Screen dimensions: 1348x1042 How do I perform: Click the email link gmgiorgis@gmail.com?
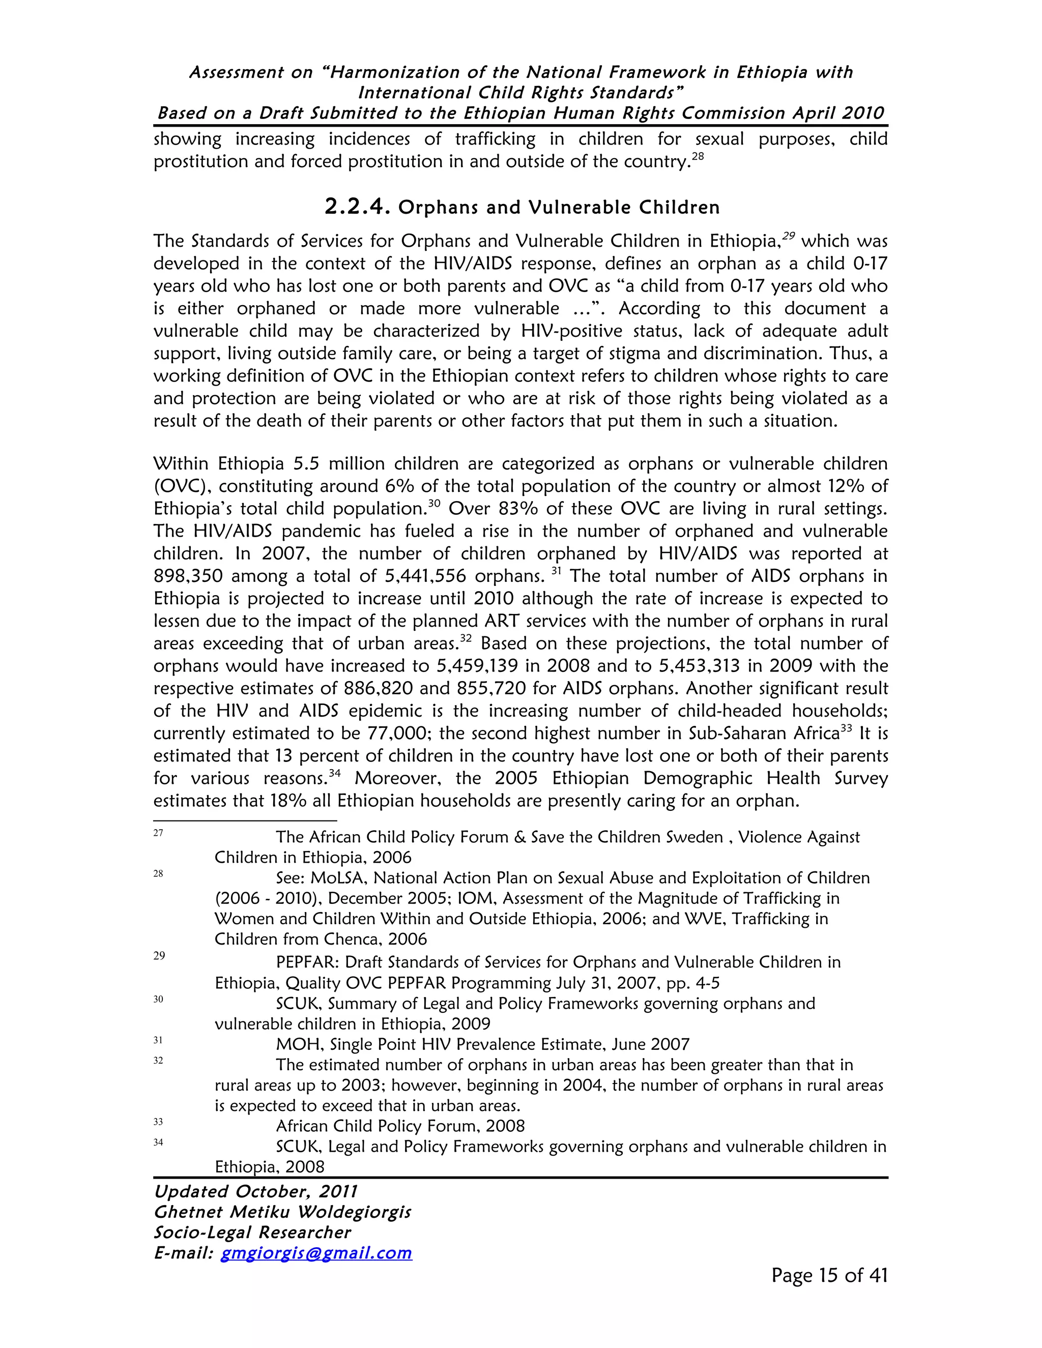pos(316,1252)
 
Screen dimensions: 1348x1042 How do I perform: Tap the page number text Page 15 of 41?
pos(829,1275)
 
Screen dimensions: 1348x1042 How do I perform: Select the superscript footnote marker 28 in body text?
pos(698,157)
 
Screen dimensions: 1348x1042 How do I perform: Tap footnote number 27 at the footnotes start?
pos(158,833)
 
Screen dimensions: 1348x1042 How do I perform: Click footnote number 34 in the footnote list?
pos(158,1142)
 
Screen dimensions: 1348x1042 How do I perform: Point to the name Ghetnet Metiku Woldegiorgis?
pos(282,1212)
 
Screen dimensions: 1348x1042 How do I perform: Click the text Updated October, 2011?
pos(255,1191)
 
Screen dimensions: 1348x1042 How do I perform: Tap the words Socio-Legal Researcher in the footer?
pos(252,1232)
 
